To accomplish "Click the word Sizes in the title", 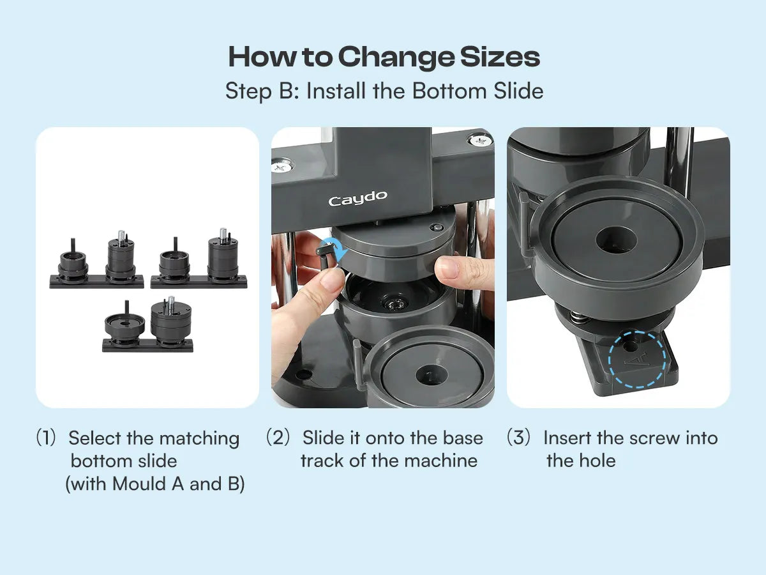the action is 500,57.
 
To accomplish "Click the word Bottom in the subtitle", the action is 449,91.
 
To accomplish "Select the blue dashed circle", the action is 637,359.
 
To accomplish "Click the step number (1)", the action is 46,438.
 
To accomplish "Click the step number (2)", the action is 278,437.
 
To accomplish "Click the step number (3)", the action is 518,437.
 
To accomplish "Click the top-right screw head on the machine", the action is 480,141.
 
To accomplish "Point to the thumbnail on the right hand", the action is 447,268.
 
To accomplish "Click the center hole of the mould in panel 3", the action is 616,240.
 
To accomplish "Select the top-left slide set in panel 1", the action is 96,260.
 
